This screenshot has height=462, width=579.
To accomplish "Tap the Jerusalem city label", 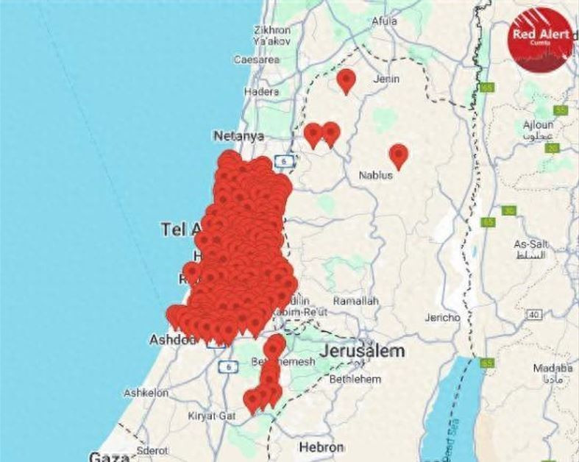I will click(x=363, y=351).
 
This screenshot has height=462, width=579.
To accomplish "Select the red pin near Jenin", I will click(x=346, y=79).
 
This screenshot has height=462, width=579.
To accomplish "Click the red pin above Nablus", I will click(x=399, y=155).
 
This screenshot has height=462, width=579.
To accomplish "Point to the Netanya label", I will click(x=238, y=136).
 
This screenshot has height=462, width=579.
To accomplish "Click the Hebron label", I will click(x=322, y=447).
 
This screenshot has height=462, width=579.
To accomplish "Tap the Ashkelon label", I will click(x=146, y=393).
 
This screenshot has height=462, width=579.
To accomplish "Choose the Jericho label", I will click(x=442, y=318).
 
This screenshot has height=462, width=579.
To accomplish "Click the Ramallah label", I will click(x=355, y=302).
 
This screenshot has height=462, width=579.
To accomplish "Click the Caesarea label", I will click(x=257, y=60).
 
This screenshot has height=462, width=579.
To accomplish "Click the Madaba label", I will click(x=553, y=368).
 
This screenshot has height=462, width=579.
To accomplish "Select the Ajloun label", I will click(x=538, y=125).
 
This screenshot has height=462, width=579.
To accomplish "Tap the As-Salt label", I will click(x=530, y=244).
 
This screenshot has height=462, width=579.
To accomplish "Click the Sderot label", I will click(x=152, y=450).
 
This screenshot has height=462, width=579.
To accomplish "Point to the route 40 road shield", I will click(x=535, y=315).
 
